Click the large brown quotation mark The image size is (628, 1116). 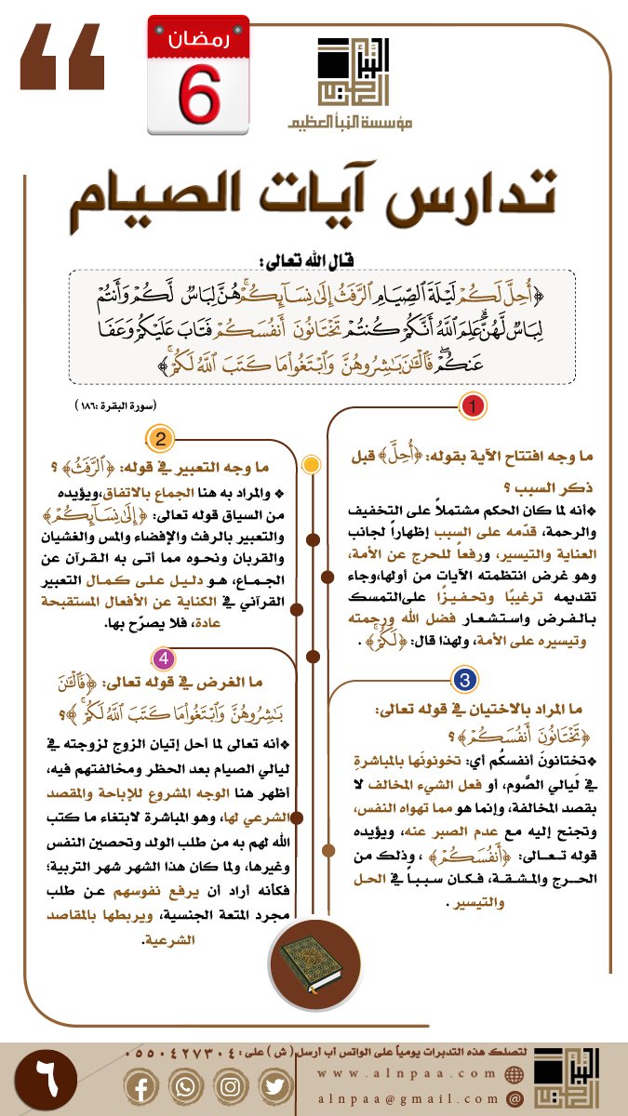pyautogui.click(x=62, y=58)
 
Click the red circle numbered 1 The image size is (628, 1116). pyautogui.click(x=472, y=406)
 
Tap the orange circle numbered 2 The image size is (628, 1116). pyautogui.click(x=160, y=440)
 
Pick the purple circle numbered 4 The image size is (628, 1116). pyautogui.click(x=164, y=658)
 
